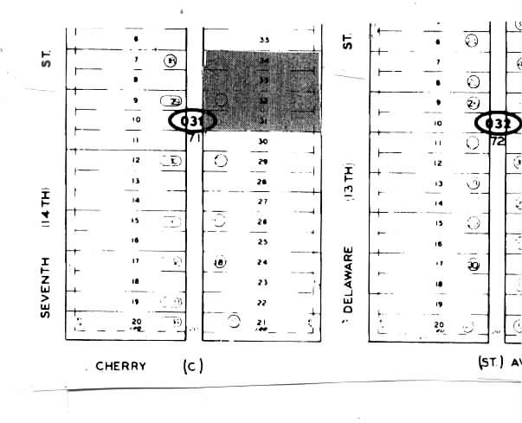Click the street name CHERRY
120,366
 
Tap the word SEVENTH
47,286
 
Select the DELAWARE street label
350,286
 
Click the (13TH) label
350,183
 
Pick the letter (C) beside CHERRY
192,366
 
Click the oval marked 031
191,120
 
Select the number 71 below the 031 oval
194,138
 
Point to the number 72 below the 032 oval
498,139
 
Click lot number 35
264,40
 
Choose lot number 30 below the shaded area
262,141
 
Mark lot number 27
262,202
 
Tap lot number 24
262,262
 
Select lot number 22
262,303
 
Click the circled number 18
219,262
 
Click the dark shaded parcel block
261,91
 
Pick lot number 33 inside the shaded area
263,80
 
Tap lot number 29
262,162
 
